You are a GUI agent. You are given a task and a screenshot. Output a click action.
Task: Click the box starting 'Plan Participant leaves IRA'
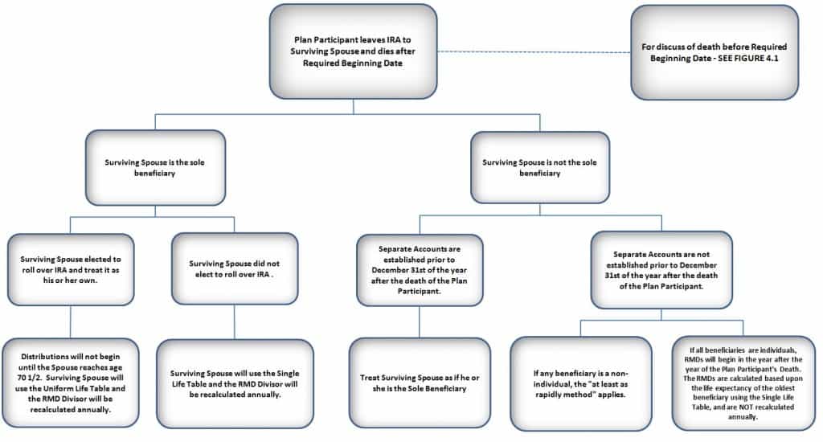pyautogui.click(x=353, y=51)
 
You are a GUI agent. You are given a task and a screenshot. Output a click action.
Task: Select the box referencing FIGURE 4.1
pyautogui.click(x=714, y=52)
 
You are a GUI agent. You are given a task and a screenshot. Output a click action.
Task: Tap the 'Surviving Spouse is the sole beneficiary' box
pyautogui.click(x=155, y=167)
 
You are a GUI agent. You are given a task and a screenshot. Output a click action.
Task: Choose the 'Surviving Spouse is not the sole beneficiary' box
pyautogui.click(x=540, y=167)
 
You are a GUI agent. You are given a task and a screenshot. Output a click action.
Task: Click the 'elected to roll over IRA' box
pyautogui.click(x=71, y=269)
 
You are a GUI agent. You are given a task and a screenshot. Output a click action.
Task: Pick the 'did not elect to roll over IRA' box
pyautogui.click(x=235, y=268)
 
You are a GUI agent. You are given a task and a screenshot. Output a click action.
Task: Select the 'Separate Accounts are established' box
pyautogui.click(x=420, y=270)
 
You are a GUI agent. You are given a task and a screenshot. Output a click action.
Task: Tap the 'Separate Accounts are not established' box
pyautogui.click(x=661, y=270)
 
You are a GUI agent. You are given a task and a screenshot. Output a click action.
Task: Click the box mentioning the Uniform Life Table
pyautogui.click(x=71, y=383)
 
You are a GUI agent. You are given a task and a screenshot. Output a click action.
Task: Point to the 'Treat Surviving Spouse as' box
pyautogui.click(x=420, y=383)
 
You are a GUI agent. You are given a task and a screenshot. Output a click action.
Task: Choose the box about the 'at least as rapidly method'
pyautogui.click(x=580, y=383)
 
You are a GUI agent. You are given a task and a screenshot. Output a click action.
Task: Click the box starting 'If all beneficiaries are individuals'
pyautogui.click(x=743, y=383)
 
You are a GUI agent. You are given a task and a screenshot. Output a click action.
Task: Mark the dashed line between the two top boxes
pyautogui.click(x=534, y=52)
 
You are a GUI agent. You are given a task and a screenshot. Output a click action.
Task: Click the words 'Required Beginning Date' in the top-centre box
pyautogui.click(x=353, y=63)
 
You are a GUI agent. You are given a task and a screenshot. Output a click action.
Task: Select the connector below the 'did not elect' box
pyautogui.click(x=235, y=321)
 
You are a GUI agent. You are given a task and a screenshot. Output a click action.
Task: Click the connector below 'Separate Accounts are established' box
pyautogui.click(x=420, y=321)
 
